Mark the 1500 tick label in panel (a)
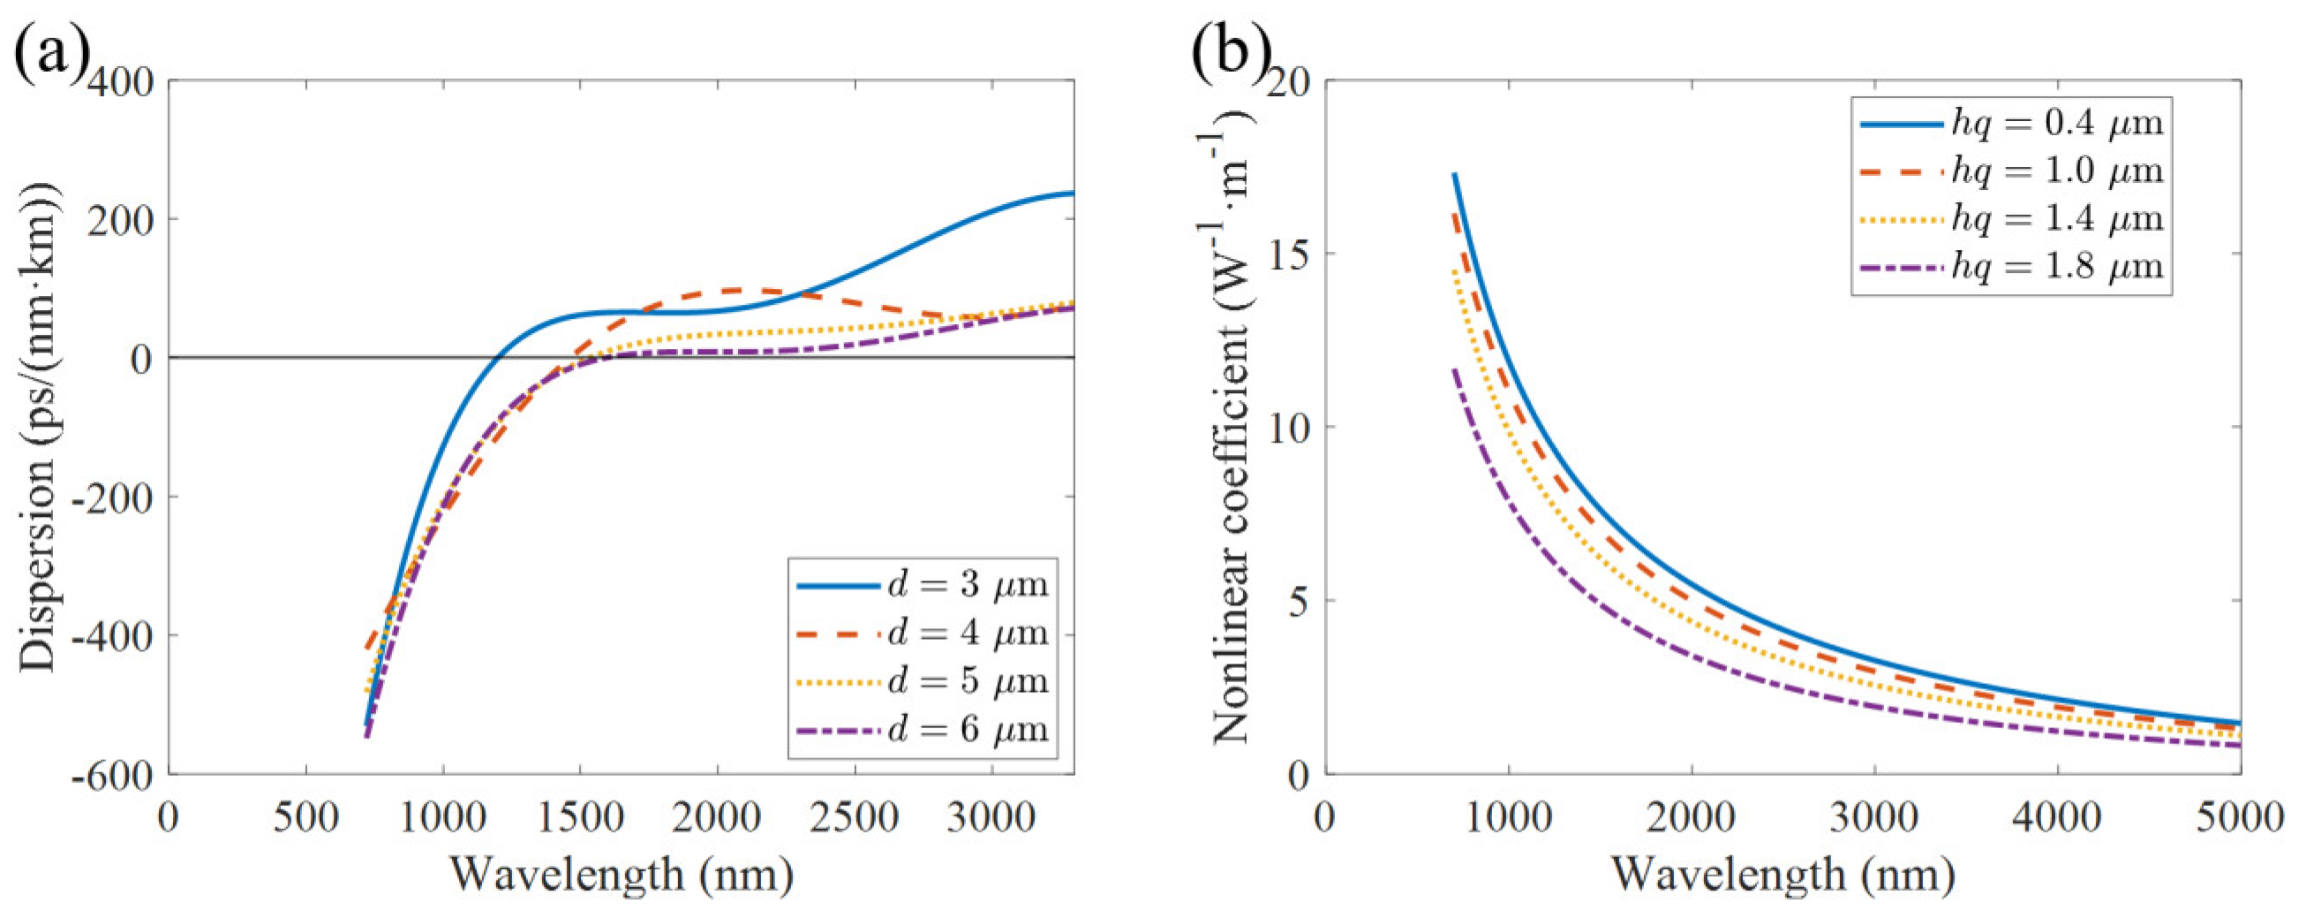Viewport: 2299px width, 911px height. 579,818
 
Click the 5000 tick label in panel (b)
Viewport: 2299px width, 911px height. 2240,818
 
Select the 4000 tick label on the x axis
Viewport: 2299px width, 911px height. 2057,818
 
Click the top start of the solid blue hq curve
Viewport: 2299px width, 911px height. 1455,175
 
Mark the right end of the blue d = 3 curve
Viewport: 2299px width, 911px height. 1072,193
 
